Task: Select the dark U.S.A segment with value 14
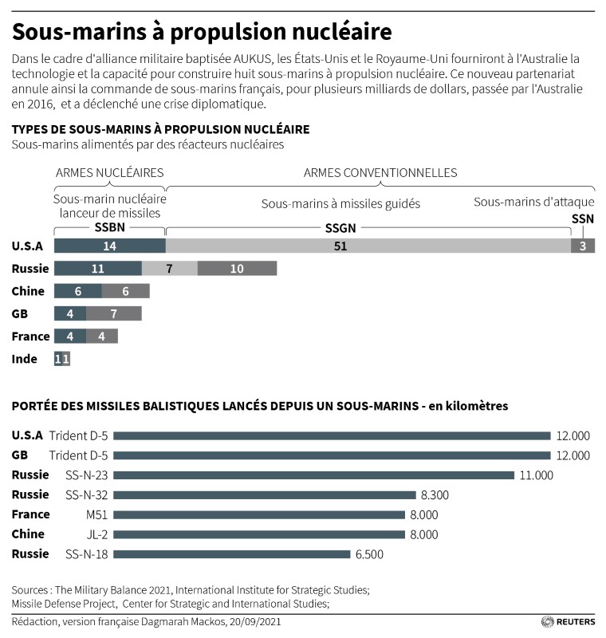109,246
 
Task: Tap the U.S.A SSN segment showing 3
583,246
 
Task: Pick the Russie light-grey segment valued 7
169,269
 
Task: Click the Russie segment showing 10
237,269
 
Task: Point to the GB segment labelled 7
114,313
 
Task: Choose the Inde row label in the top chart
25,359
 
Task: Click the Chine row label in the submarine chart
28,291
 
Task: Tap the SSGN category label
341,228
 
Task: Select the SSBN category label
109,228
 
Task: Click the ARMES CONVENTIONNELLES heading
380,172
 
